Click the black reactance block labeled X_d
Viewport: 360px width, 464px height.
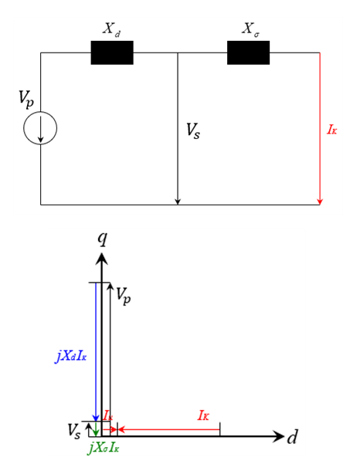click(112, 52)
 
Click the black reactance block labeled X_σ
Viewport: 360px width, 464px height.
click(249, 52)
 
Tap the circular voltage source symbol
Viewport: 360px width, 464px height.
click(40, 128)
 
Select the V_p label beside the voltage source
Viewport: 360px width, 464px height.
click(26, 100)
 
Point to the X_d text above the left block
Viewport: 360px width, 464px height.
click(111, 29)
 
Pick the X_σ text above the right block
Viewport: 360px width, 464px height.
click(251, 29)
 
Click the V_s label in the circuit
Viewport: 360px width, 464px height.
click(193, 130)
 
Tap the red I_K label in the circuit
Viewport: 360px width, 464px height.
click(332, 130)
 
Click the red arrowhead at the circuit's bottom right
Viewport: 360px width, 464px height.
click(320, 202)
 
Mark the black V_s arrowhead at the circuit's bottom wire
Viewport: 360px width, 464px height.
click(178, 202)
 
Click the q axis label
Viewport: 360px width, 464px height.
click(103, 239)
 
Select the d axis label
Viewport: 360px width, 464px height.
click(292, 436)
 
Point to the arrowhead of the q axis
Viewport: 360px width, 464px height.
click(102, 259)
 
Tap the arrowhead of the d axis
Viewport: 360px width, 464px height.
click(277, 436)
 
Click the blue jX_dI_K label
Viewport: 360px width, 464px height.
click(70, 357)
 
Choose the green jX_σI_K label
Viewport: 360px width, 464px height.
click(104, 448)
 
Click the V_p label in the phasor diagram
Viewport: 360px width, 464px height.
click(123, 296)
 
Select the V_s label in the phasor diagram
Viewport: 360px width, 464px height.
click(73, 431)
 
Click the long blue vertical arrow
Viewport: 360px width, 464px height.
click(96, 352)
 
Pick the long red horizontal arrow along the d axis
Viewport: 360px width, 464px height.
click(168, 429)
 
